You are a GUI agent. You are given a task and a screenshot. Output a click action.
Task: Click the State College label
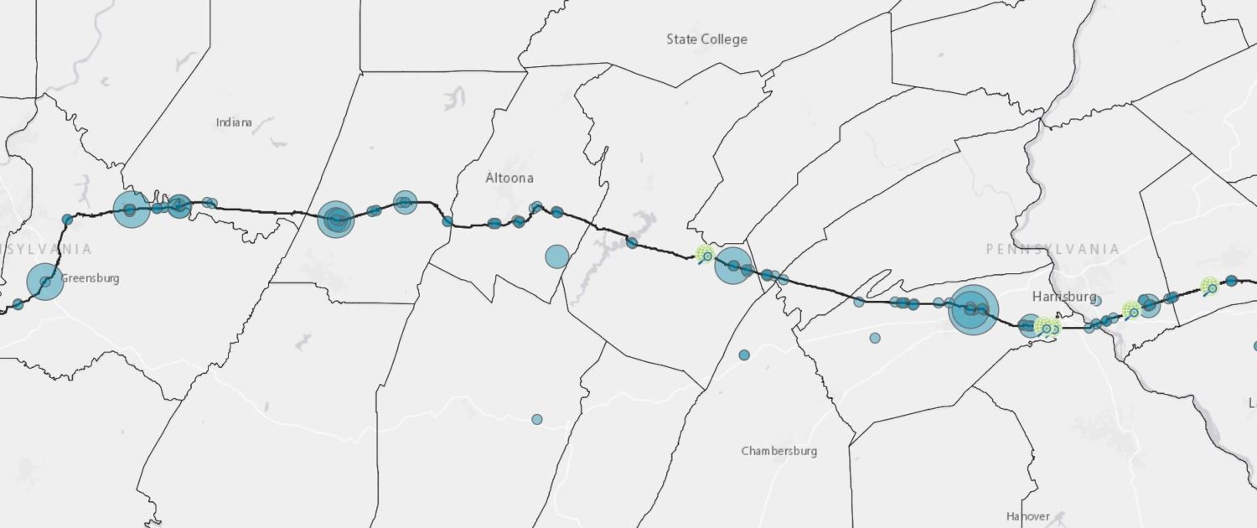pyautogui.click(x=706, y=39)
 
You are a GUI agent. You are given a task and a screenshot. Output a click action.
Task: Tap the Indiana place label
pyautogui.click(x=234, y=122)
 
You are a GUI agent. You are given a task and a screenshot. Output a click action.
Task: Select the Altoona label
pyautogui.click(x=510, y=178)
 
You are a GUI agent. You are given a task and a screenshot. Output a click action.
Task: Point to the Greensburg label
pyautogui.click(x=90, y=278)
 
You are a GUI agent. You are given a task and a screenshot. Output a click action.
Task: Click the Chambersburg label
pyautogui.click(x=779, y=451)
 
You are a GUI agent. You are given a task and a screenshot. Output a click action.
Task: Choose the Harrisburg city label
pyautogui.click(x=1064, y=297)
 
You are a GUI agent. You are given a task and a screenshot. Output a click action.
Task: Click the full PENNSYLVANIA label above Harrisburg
pyautogui.click(x=1053, y=249)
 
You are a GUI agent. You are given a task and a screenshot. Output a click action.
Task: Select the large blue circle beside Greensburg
pyautogui.click(x=45, y=282)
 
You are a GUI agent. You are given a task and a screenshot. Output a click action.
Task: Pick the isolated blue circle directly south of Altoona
pyautogui.click(x=557, y=256)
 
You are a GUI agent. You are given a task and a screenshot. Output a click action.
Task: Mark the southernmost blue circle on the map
pyautogui.click(x=537, y=419)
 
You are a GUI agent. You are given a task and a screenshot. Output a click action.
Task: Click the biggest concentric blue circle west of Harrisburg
pyautogui.click(x=973, y=309)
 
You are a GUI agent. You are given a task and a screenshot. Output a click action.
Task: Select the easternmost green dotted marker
pyautogui.click(x=1209, y=287)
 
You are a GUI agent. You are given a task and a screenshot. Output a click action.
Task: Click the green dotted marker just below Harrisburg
pyautogui.click(x=1047, y=327)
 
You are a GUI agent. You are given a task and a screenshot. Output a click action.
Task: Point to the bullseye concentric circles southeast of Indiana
pyautogui.click(x=336, y=220)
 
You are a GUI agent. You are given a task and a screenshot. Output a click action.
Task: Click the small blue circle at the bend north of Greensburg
pyautogui.click(x=67, y=220)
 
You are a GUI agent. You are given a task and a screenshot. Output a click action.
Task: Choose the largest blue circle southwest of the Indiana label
pyautogui.click(x=132, y=210)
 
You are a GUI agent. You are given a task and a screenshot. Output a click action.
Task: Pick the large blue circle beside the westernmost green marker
pyautogui.click(x=732, y=266)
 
